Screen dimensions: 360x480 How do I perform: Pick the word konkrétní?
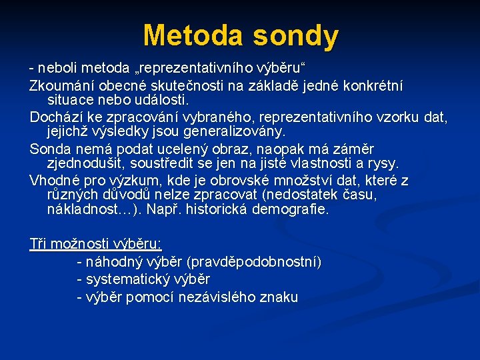pos(373,86)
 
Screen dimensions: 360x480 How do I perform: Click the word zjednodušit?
pos(86,163)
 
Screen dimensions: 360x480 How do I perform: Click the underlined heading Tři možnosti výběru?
pos(95,243)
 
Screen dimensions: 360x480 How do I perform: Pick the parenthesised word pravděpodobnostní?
pos(255,262)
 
